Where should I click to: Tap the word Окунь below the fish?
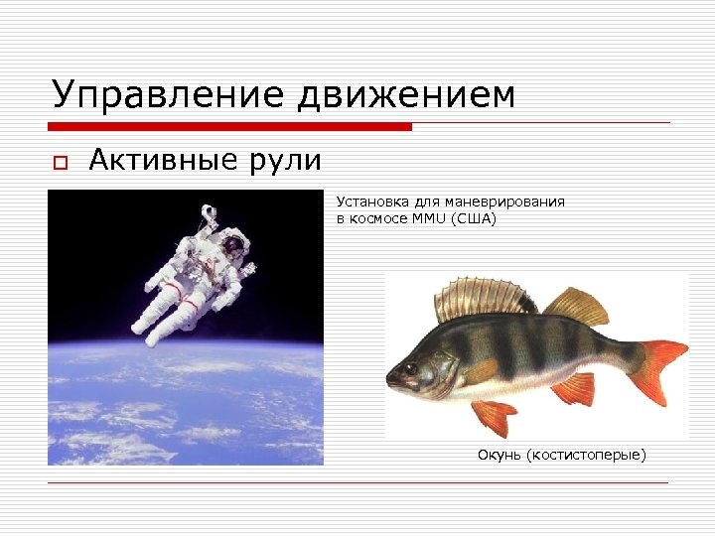click(x=500, y=455)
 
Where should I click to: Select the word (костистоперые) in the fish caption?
click(x=587, y=455)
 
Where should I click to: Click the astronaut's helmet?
click(x=232, y=244)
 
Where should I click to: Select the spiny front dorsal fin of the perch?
click(x=483, y=299)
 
